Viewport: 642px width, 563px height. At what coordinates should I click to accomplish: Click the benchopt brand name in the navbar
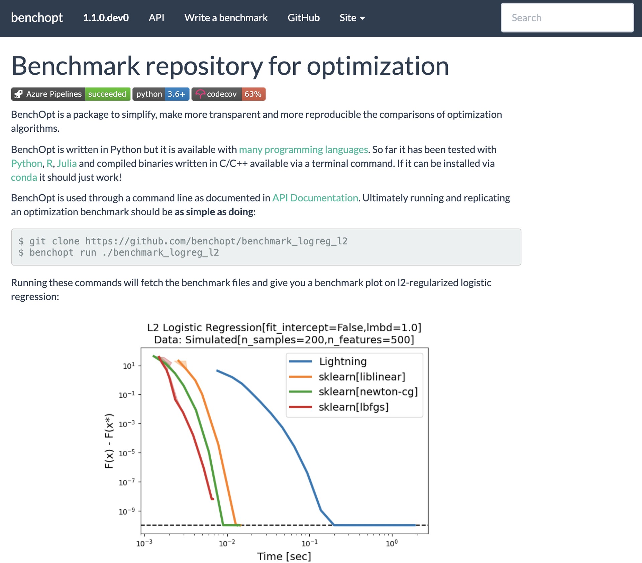pyautogui.click(x=37, y=18)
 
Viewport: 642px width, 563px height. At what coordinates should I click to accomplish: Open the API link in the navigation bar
pyautogui.click(x=156, y=18)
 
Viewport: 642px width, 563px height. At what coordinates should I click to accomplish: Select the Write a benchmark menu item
pyautogui.click(x=226, y=18)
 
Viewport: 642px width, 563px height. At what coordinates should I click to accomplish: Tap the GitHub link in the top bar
pyautogui.click(x=304, y=18)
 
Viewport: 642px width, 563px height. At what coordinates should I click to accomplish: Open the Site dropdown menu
pyautogui.click(x=352, y=18)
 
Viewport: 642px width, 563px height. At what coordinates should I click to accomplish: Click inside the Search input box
pyautogui.click(x=567, y=18)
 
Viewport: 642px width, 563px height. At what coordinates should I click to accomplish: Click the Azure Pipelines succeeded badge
pyautogui.click(x=71, y=94)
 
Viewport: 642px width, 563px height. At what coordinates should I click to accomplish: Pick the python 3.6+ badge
pyautogui.click(x=161, y=94)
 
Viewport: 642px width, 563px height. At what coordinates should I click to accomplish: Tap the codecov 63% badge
pyautogui.click(x=229, y=94)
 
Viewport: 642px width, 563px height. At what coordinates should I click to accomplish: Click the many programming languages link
pyautogui.click(x=303, y=149)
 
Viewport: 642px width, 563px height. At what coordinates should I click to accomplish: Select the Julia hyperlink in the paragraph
pyautogui.click(x=67, y=163)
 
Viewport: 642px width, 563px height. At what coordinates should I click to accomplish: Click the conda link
pyautogui.click(x=24, y=178)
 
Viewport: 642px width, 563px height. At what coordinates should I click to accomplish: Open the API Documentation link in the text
pyautogui.click(x=315, y=198)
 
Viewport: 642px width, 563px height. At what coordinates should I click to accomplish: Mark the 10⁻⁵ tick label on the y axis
pyautogui.click(x=127, y=453)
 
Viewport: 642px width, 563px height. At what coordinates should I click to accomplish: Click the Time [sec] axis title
pyautogui.click(x=284, y=556)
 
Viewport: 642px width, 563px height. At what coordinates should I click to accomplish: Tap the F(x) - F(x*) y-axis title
pyautogui.click(x=109, y=441)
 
